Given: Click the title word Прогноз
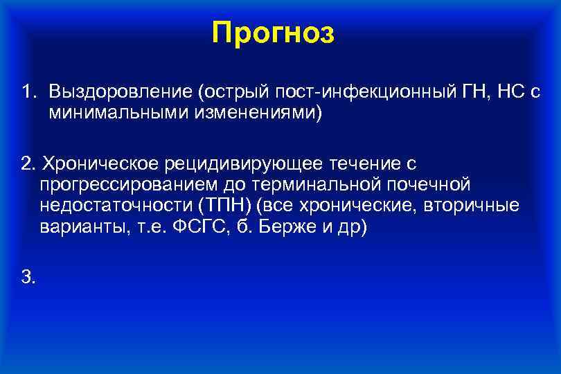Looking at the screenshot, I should point(274,33).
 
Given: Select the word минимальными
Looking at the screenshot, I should point(116,112).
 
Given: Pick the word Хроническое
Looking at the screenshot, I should point(100,164).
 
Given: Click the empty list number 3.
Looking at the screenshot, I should point(28,278).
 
